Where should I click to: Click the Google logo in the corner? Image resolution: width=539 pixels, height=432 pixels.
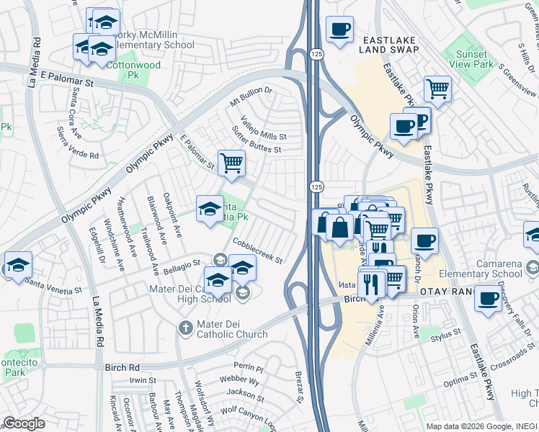[24, 423]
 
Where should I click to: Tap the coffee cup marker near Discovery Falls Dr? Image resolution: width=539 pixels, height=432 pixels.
[488, 297]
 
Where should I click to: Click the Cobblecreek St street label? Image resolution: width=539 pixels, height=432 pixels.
[257, 253]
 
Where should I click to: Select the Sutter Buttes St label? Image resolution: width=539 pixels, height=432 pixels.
[256, 140]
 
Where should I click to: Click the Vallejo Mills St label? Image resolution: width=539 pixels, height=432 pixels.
[263, 127]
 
